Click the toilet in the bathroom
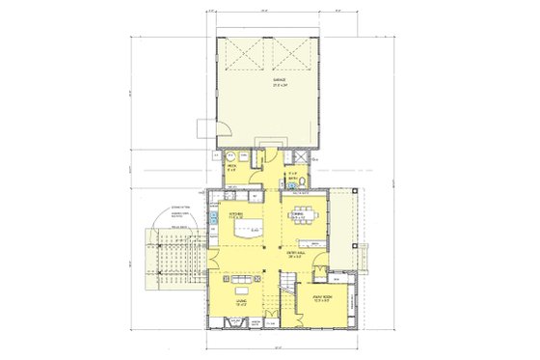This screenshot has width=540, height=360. tap(302, 180)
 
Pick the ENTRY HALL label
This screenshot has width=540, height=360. tap(295, 256)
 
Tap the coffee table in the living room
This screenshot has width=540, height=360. tap(240, 292)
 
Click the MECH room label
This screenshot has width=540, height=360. tap(233, 165)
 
